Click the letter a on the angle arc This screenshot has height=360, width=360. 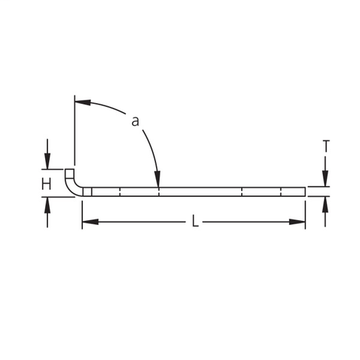(135, 122)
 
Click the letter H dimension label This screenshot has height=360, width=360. (46, 184)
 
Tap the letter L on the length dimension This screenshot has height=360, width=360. (195, 221)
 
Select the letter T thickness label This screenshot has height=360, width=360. (326, 146)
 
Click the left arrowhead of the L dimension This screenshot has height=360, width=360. (91, 221)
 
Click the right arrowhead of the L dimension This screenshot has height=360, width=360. (297, 221)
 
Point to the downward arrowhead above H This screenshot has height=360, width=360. (47, 161)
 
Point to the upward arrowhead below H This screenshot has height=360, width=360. (47, 205)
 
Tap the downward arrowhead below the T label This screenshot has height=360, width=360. (325, 179)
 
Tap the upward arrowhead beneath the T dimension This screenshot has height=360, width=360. (325, 205)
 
